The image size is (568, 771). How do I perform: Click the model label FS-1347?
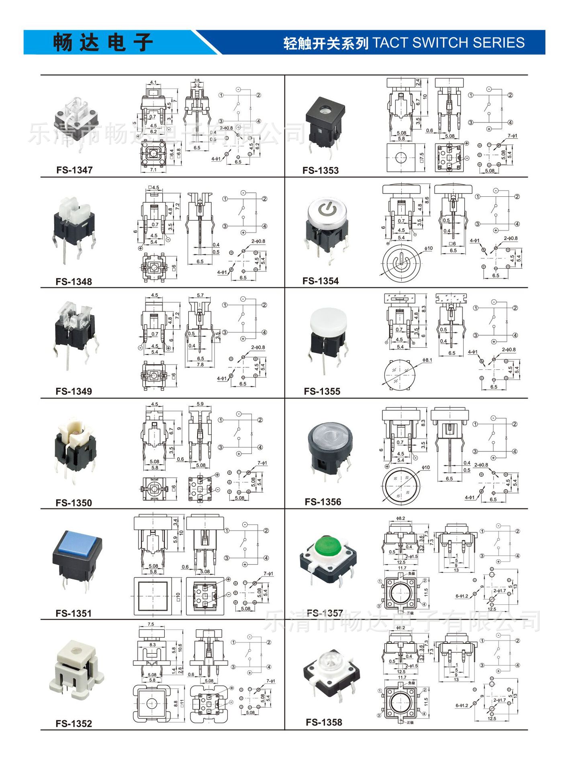click(74, 170)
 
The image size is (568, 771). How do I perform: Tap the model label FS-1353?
click(320, 170)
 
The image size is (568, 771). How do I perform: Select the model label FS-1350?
click(74, 503)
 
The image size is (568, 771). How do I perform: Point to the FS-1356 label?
click(323, 502)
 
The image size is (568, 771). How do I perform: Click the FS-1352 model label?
click(74, 724)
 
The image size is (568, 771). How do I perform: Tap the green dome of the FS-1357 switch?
click(328, 546)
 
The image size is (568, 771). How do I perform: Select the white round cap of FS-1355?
click(328, 320)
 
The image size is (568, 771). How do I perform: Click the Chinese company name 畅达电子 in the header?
click(103, 43)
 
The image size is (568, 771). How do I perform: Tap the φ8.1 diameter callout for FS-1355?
click(427, 360)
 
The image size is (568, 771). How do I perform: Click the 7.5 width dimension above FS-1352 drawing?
click(151, 624)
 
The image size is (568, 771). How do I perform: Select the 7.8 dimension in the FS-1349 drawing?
click(200, 365)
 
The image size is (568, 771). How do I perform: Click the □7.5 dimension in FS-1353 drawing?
click(421, 158)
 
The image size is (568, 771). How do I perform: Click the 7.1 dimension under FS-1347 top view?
click(153, 170)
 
